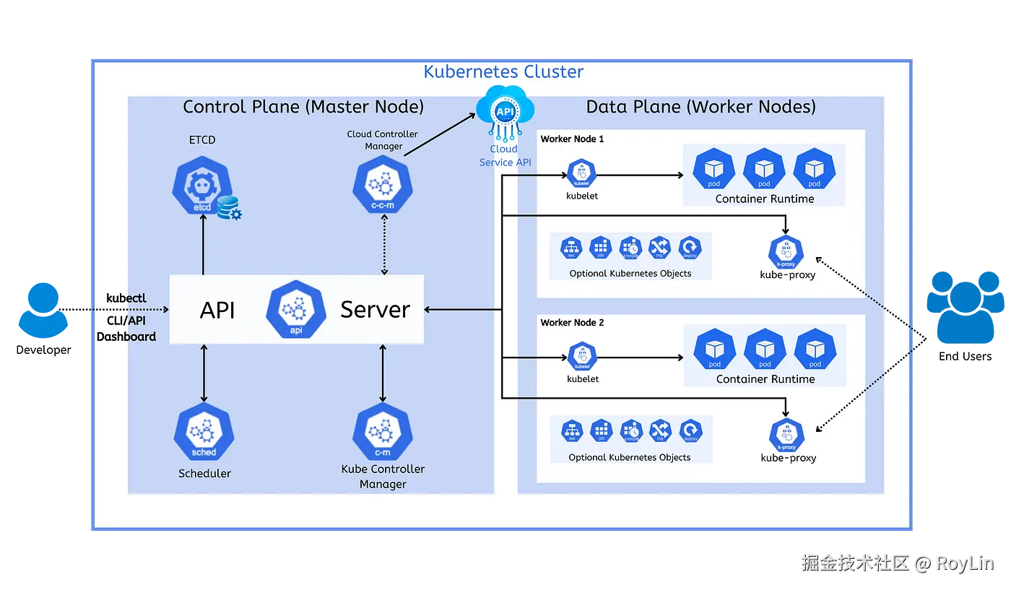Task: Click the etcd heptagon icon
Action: click(203, 186)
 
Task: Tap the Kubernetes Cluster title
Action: click(503, 71)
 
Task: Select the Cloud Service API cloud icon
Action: click(505, 110)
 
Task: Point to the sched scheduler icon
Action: click(204, 435)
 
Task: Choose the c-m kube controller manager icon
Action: click(383, 433)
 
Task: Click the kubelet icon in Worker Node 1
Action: click(581, 174)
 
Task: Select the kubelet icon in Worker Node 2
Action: click(581, 357)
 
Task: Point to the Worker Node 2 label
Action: click(573, 323)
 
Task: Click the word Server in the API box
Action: click(375, 310)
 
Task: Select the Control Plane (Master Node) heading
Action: click(303, 107)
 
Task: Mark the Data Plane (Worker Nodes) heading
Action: click(700, 107)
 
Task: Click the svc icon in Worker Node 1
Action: click(572, 248)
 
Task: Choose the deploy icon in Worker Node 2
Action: click(691, 431)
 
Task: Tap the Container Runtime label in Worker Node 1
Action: click(765, 199)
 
